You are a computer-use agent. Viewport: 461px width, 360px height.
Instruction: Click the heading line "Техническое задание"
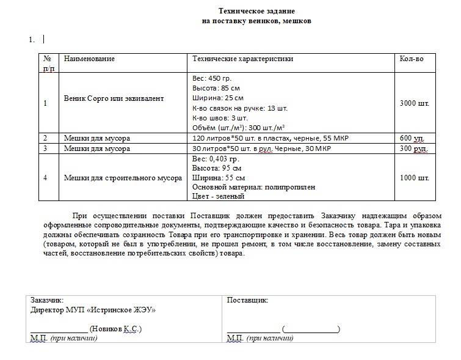pyautogui.click(x=256, y=11)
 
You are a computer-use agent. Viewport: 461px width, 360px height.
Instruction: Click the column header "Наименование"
pyautogui.click(x=89, y=59)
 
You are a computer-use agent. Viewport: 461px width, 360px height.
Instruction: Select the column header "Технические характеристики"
pyautogui.click(x=242, y=59)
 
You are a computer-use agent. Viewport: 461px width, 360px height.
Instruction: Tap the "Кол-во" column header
pyautogui.click(x=411, y=59)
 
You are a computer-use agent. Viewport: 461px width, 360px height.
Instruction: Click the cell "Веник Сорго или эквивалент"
pyautogui.click(x=114, y=98)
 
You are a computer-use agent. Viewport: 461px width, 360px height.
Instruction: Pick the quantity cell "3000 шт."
pyautogui.click(x=414, y=103)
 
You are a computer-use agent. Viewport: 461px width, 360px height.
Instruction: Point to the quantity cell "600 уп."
pyautogui.click(x=412, y=138)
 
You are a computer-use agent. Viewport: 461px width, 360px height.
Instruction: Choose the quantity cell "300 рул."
pyautogui.click(x=413, y=148)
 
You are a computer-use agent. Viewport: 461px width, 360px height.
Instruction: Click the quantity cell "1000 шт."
pyautogui.click(x=414, y=178)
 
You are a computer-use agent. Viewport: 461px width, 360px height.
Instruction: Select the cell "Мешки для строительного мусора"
pyautogui.click(x=123, y=178)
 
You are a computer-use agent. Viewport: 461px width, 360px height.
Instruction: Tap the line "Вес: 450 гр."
pyautogui.click(x=212, y=78)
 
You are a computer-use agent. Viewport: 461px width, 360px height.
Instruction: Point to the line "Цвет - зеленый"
pyautogui.click(x=218, y=196)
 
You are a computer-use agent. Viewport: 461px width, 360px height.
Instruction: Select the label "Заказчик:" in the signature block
pyautogui.click(x=46, y=300)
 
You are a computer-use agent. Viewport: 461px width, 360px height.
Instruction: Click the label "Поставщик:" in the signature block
pyautogui.click(x=247, y=300)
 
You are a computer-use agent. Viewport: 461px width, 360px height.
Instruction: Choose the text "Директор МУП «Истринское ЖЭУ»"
pyautogui.click(x=93, y=309)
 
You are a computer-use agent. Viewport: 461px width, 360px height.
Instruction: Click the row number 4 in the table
pyautogui.click(x=45, y=178)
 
